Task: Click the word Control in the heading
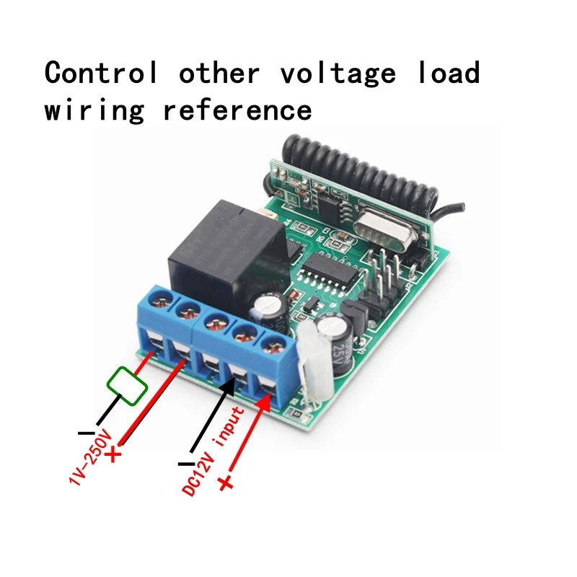pyautogui.click(x=101, y=74)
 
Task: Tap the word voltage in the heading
pyautogui.click(x=338, y=74)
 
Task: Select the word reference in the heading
pyautogui.click(x=237, y=110)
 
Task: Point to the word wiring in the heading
pyautogui.click(x=94, y=110)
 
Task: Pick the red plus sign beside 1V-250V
pyautogui.click(x=115, y=454)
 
